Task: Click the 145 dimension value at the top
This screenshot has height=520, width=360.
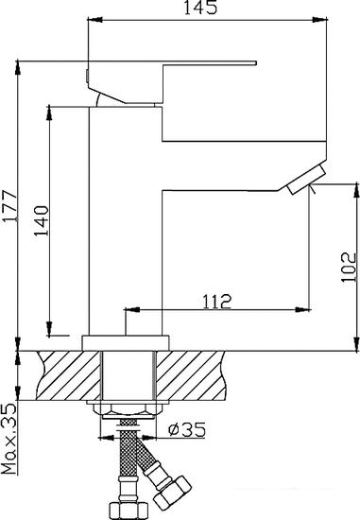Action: click(x=201, y=8)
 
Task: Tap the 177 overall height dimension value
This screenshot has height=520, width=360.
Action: click(x=9, y=205)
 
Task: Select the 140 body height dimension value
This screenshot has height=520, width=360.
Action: click(x=43, y=221)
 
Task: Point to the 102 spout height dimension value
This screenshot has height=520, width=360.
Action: click(x=349, y=268)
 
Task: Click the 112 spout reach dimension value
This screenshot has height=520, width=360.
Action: click(x=216, y=302)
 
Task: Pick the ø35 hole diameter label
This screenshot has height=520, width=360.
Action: click(x=187, y=429)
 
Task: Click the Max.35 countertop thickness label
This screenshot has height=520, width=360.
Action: click(x=9, y=439)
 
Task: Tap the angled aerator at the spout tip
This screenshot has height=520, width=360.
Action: click(x=307, y=180)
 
